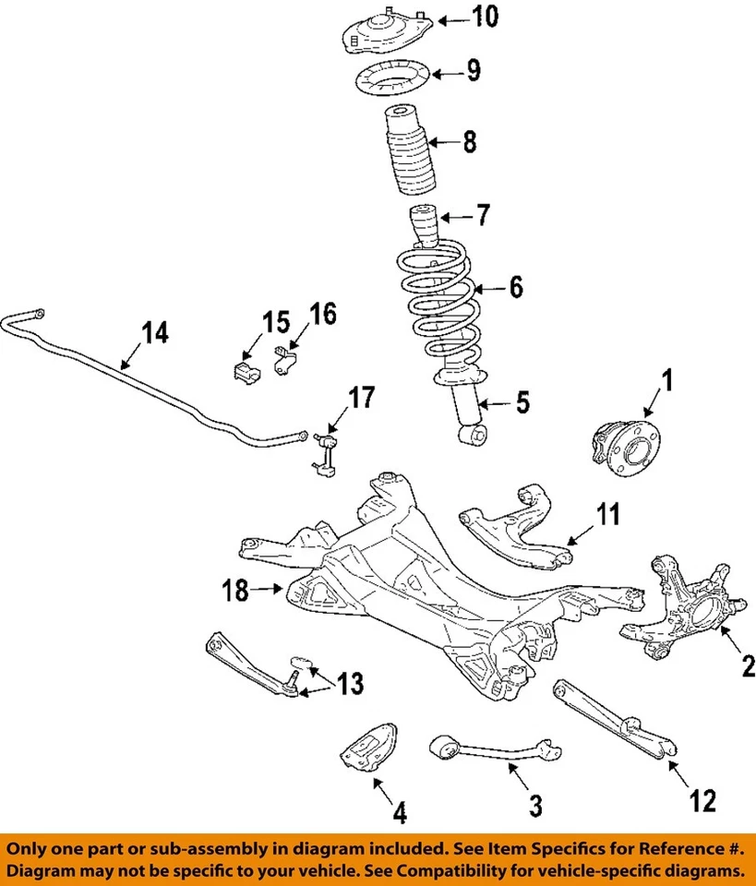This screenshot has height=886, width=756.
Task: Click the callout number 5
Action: pyautogui.click(x=522, y=402)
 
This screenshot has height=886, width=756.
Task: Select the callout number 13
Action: pyautogui.click(x=349, y=684)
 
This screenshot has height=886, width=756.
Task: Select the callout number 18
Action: pyautogui.click(x=235, y=590)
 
